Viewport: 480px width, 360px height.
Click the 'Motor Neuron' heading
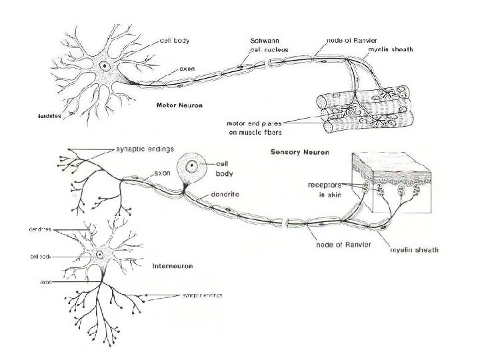(179, 105)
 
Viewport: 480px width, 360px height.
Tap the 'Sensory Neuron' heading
(299, 152)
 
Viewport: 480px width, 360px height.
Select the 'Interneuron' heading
(173, 265)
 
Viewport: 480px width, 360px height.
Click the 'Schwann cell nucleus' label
(260, 45)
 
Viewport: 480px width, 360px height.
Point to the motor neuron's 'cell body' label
(174, 40)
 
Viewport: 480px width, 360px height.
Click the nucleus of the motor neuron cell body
(105, 65)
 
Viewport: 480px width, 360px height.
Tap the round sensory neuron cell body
(192, 167)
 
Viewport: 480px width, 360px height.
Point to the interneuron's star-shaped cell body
(100, 254)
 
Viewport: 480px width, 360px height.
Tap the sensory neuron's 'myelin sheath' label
(414, 250)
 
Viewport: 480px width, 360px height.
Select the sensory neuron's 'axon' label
(163, 172)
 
